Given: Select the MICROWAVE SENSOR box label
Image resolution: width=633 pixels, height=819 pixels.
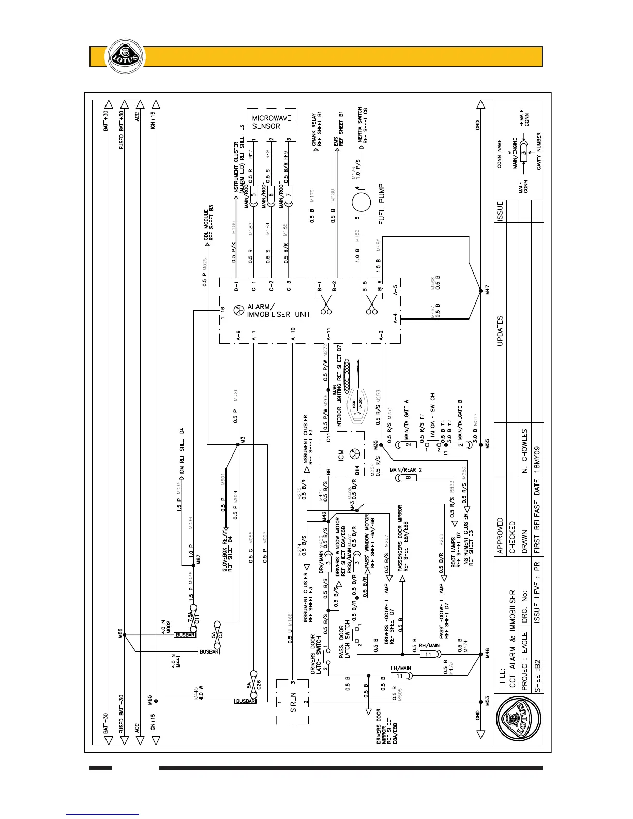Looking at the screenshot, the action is (x=271, y=122).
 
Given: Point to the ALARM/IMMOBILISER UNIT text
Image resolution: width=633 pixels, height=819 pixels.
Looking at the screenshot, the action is (x=278, y=310).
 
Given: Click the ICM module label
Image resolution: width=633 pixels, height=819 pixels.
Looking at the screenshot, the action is (x=341, y=455).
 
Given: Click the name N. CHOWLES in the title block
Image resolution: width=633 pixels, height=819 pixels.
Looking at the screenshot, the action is (x=524, y=450).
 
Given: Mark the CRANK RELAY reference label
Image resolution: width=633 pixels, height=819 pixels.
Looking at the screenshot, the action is (x=317, y=130).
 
